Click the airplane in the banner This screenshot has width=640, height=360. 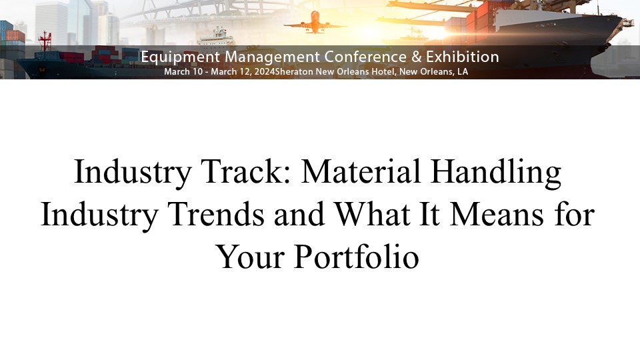pyautogui.click(x=315, y=23)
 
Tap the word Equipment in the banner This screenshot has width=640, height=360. pyautogui.click(x=181, y=57)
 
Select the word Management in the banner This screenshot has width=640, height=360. pyautogui.click(x=272, y=57)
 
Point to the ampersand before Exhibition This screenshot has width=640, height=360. pyautogui.click(x=416, y=57)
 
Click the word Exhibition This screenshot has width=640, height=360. pyautogui.click(x=463, y=56)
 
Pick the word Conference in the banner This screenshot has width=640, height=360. pyautogui.click(x=365, y=57)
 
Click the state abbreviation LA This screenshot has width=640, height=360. pyautogui.click(x=463, y=72)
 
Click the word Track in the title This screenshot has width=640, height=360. pyautogui.click(x=246, y=171)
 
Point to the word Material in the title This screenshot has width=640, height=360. pyautogui.click(x=361, y=171)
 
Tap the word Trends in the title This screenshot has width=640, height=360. pyautogui.click(x=216, y=214)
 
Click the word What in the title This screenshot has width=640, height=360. pyautogui.click(x=372, y=214)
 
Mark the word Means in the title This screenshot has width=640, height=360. pyautogui.click(x=497, y=214)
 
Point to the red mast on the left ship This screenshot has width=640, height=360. pyautogui.click(x=45, y=41)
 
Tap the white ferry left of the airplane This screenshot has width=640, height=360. pyautogui.click(x=216, y=37)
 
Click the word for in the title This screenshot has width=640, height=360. pyautogui.click(x=575, y=213)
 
